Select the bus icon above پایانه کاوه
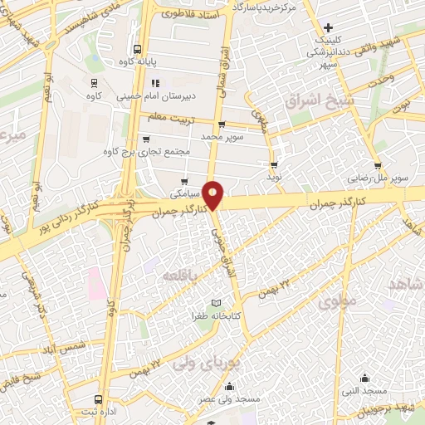tap(138, 48)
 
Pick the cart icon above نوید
tap(274, 165)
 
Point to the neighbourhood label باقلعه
tap(180, 275)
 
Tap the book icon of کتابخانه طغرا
tap(216, 303)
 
